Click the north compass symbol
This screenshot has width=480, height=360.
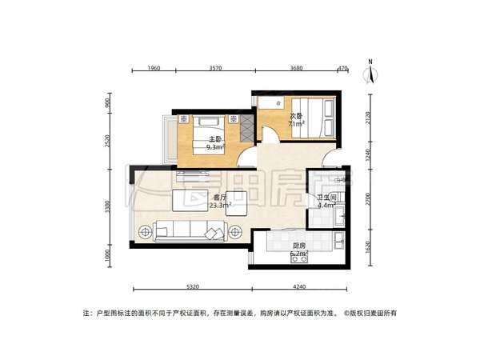tap(370, 73)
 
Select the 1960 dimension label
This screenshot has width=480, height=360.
tap(154, 70)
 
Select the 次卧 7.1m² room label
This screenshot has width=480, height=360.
tap(295, 120)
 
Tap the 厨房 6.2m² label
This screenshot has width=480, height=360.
tap(299, 250)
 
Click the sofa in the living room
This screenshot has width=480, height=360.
tap(190, 231)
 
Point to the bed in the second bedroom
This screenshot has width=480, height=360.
tap(313, 117)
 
